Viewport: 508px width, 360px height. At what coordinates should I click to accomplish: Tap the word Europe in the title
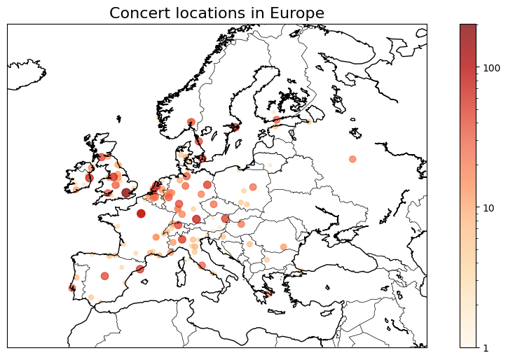297,13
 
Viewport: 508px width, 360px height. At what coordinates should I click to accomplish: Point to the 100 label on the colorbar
492,68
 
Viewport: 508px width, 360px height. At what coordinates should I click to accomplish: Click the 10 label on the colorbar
489,208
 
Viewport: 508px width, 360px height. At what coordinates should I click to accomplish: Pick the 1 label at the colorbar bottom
486,347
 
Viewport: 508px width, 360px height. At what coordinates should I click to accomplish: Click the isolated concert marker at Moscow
352,159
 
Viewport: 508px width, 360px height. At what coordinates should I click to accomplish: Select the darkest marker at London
126,193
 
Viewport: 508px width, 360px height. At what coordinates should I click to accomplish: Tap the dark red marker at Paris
141,214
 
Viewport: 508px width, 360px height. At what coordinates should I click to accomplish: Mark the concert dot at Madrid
104,276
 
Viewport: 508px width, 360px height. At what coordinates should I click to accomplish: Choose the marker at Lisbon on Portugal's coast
72,288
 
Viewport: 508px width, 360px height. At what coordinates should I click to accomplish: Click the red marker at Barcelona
140,269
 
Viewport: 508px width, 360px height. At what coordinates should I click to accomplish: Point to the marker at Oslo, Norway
191,122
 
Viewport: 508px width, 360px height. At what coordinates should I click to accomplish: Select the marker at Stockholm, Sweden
235,127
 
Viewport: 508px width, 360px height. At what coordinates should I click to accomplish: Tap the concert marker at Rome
202,265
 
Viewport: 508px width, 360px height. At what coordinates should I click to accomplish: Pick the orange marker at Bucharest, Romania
284,247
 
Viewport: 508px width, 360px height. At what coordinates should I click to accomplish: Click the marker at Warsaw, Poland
253,187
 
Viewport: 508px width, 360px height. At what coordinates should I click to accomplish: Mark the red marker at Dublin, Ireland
89,178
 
